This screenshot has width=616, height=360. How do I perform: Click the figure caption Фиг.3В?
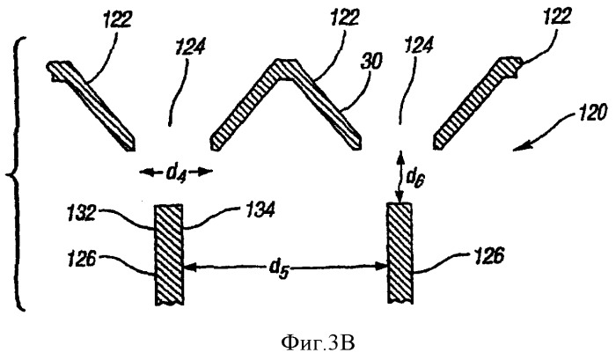tap(318, 344)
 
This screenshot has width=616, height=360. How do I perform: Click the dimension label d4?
tap(175, 173)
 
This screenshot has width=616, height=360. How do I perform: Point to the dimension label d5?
tap(279, 269)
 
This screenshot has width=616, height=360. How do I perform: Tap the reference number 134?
tap(260, 211)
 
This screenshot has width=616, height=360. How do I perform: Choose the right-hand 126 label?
tap(488, 257)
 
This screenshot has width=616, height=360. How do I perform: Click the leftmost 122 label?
tap(117, 19)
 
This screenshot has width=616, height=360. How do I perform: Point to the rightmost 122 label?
tap(558, 18)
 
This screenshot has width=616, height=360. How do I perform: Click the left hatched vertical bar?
tap(169, 254)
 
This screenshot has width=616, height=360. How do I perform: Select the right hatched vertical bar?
tap(400, 253)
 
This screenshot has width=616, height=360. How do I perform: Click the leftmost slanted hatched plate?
tap(92, 106)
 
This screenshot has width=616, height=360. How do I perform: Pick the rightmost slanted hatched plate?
tap(478, 103)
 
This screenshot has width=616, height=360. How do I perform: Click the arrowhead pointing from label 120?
tap(517, 149)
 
